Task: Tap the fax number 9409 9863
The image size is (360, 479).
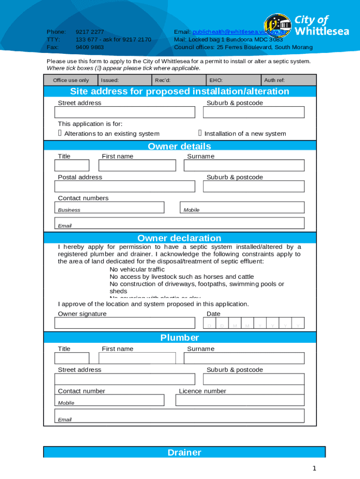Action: tap(90, 47)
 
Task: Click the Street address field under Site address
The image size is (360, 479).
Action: tap(125, 112)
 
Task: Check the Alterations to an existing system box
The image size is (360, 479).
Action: tap(60, 134)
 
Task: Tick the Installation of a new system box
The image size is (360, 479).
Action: tap(200, 134)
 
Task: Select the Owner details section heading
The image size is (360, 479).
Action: tap(180, 146)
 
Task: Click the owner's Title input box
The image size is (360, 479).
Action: tap(72, 166)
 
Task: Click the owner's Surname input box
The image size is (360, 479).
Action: tap(244, 166)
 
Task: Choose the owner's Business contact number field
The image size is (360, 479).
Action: tap(109, 207)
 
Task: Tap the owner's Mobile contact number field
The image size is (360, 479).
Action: tap(242, 207)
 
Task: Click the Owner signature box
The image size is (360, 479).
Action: tap(125, 323)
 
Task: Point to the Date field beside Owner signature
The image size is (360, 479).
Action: tap(254, 323)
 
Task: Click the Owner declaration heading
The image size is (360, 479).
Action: tap(180, 238)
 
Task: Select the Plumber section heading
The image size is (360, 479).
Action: tap(180, 337)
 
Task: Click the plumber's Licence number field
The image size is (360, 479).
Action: tap(240, 400)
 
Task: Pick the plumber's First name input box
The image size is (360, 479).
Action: tap(137, 358)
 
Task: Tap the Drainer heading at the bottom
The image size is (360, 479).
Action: tap(184, 452)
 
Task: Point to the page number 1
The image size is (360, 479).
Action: tap(315, 468)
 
